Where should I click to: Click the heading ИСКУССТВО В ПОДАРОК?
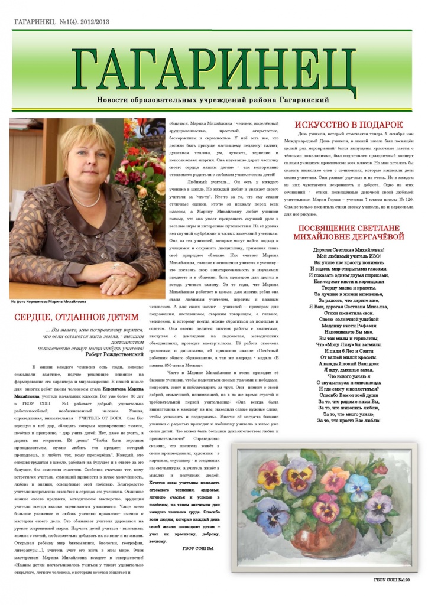pos(349,125)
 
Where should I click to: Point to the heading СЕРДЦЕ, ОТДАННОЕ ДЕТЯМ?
pos(76,317)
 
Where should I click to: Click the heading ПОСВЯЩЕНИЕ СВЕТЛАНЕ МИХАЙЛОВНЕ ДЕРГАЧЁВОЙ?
pos(351,232)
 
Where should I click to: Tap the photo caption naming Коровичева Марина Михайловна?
pos(48,301)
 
